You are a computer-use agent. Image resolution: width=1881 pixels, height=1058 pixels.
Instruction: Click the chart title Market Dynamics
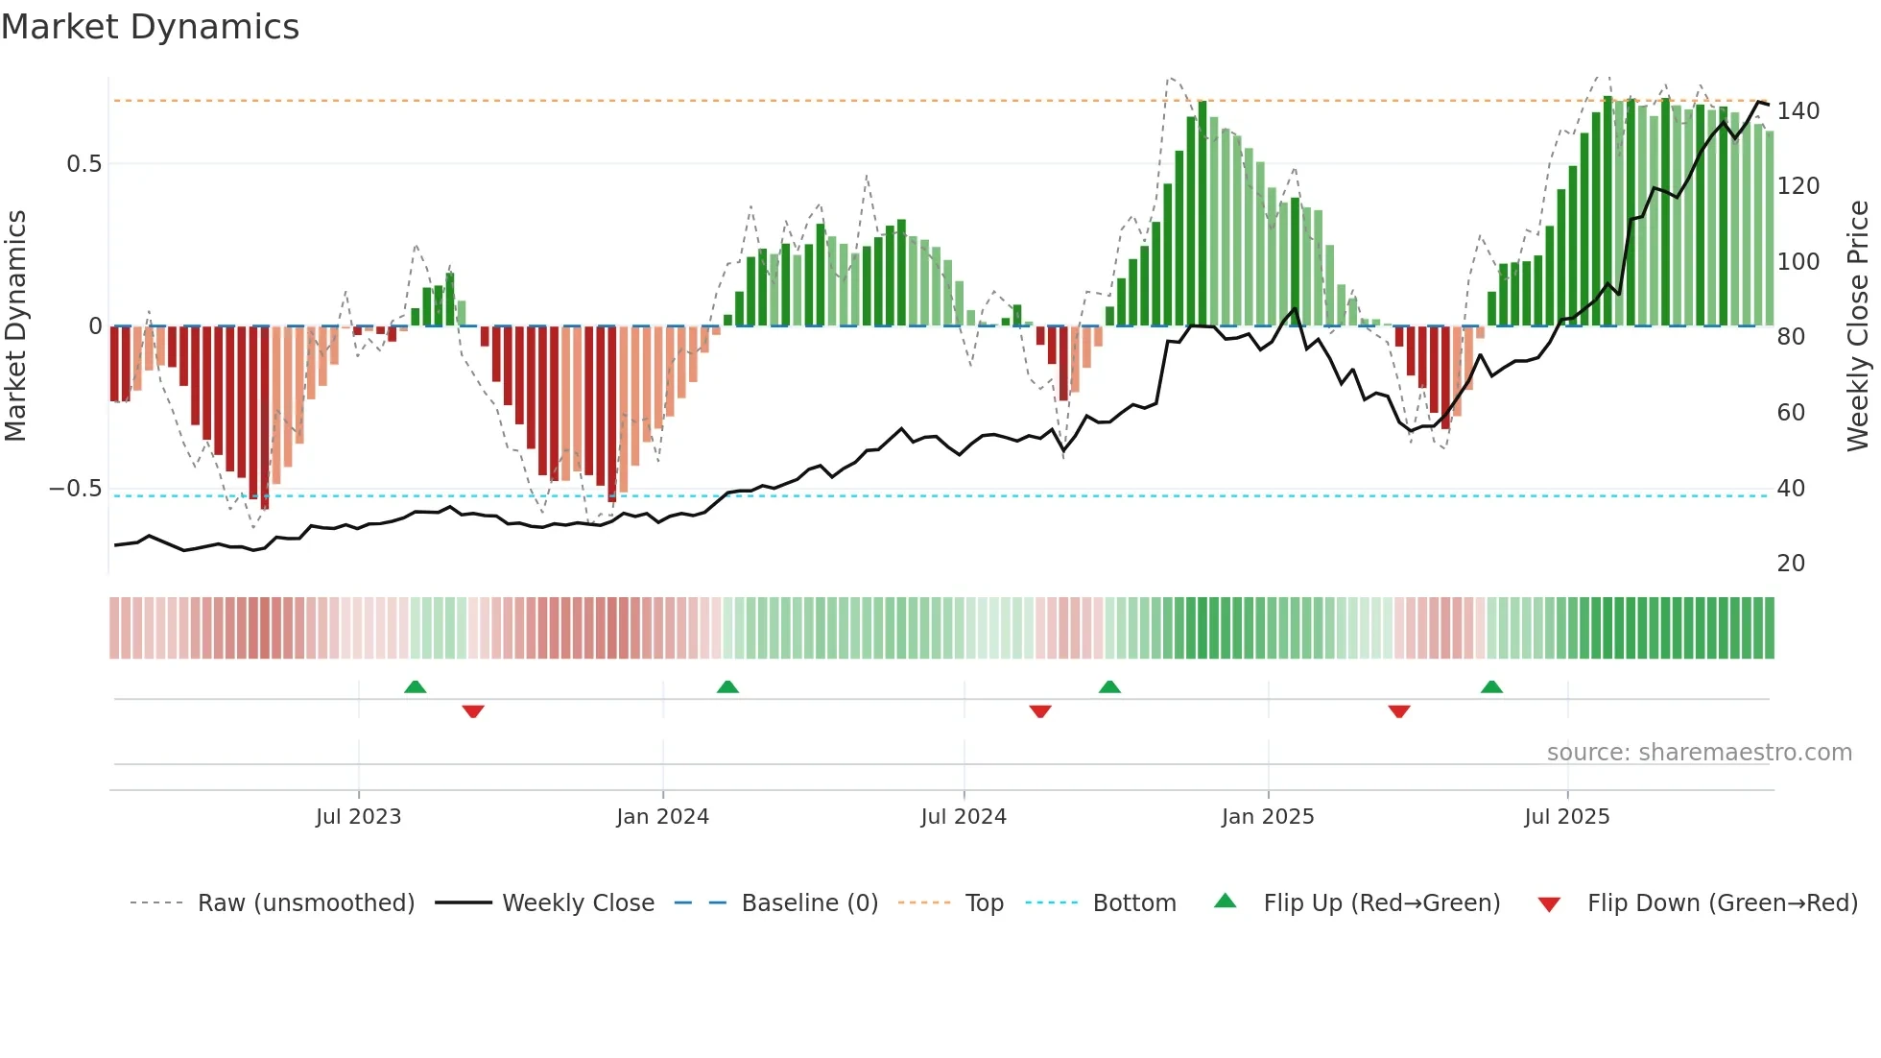[x=151, y=27]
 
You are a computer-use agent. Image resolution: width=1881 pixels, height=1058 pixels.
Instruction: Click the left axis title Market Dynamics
[x=16, y=325]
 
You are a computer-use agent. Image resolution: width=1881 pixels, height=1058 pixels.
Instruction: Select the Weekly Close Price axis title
[x=1858, y=325]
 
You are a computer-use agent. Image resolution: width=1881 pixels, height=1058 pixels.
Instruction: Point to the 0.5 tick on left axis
[x=83, y=164]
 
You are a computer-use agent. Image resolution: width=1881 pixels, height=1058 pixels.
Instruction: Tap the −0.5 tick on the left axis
[x=76, y=489]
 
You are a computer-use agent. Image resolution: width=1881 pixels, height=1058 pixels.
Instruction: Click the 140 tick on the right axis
[x=1798, y=111]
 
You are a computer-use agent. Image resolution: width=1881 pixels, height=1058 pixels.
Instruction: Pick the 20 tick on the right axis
[x=1791, y=564]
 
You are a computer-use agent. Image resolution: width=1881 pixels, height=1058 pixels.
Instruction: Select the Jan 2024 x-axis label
[x=662, y=817]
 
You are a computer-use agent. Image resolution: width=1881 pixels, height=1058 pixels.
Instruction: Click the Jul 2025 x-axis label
[x=1566, y=817]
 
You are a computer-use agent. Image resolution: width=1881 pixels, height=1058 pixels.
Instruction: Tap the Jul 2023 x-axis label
[x=358, y=817]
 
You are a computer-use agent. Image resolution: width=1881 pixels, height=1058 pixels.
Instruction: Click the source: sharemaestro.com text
[x=1699, y=753]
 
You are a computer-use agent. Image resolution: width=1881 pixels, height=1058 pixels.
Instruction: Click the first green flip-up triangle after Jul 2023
[x=415, y=687]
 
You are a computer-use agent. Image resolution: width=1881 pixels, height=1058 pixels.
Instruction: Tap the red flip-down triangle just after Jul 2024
[x=1040, y=711]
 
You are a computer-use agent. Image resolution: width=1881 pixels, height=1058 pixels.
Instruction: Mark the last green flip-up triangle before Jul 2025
[x=1491, y=687]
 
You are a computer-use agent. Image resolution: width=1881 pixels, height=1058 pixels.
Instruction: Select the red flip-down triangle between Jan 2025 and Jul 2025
[x=1399, y=711]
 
